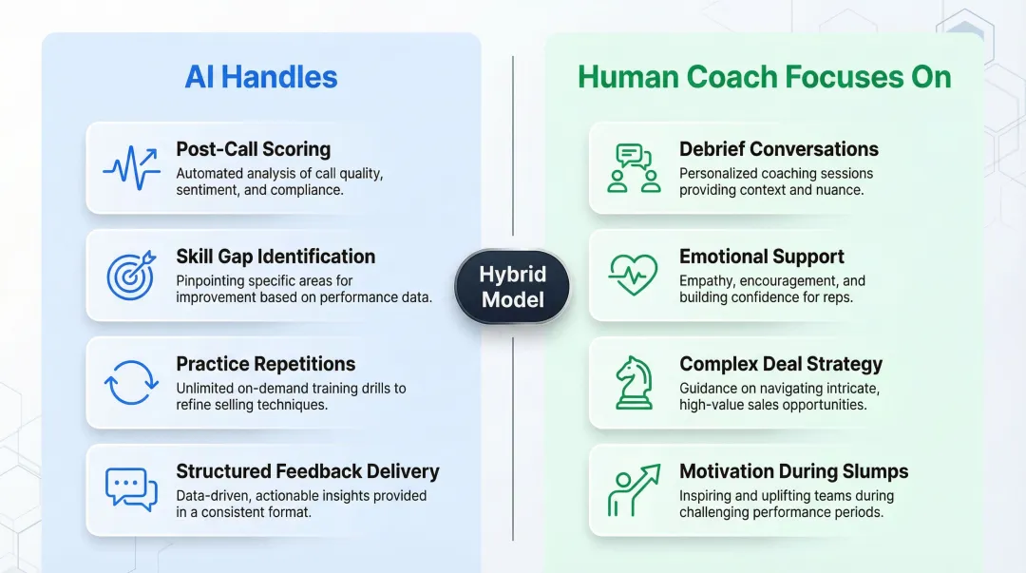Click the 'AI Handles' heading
pos(261,77)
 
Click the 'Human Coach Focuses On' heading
pos(764,77)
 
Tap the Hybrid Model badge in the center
pos(512,287)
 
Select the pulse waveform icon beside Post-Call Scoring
pos(131,168)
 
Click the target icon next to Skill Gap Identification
pos(129,276)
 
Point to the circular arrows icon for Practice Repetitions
pos(130,383)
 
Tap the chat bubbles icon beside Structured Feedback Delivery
pos(131,489)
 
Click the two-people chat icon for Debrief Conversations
pos(634,168)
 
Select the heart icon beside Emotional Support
pos(633,276)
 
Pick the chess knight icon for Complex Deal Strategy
pos(633,382)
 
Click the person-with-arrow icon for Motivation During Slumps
pos(634,489)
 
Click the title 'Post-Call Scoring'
pos(253,149)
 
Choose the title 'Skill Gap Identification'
pos(275,257)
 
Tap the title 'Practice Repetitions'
pos(265,364)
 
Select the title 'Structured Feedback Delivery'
pos(307,471)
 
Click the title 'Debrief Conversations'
pos(778,149)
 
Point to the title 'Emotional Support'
pos(761,257)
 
